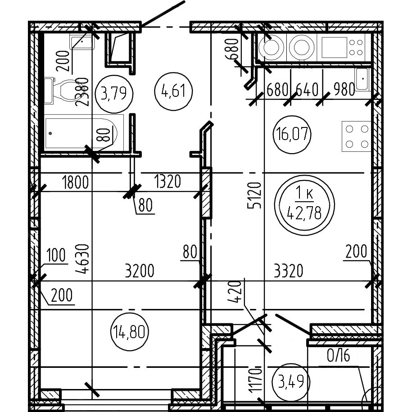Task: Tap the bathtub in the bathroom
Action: pos(81,133)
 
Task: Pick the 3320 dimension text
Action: pos(288,271)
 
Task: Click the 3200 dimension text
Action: pos(140,271)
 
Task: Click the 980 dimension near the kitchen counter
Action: pos(345,90)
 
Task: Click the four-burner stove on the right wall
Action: pos(356,136)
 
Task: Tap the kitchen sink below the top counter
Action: pos(362,79)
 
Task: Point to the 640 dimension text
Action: pos(307,90)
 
